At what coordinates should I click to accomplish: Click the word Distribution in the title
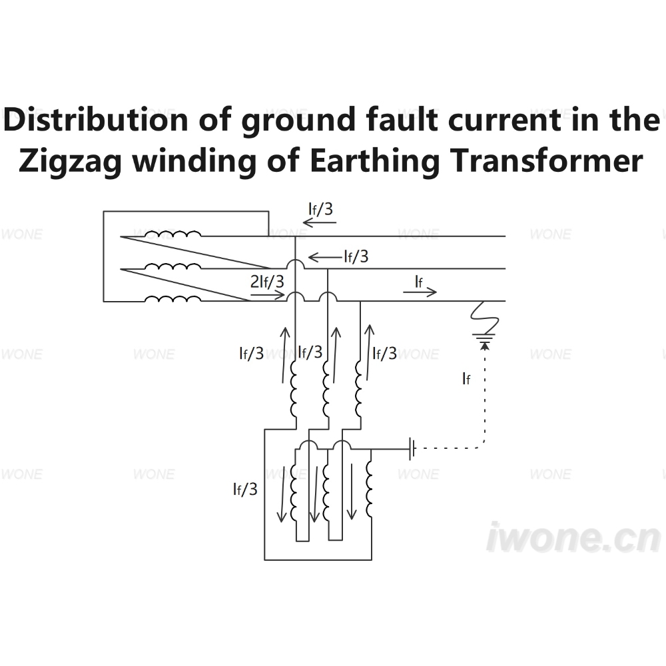pyautogui.click(x=95, y=119)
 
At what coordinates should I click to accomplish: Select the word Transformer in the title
pyautogui.click(x=546, y=161)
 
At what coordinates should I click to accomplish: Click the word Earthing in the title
pyautogui.click(x=374, y=161)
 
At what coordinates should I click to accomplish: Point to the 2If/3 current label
pyautogui.click(x=267, y=281)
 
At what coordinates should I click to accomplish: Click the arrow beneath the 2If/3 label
pyautogui.click(x=267, y=295)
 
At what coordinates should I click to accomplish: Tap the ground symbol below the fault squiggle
pyautogui.click(x=484, y=338)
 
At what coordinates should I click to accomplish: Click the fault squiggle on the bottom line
pyautogui.click(x=485, y=317)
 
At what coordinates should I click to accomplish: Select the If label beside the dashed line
pyautogui.click(x=466, y=378)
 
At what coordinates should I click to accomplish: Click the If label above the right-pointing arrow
pyautogui.click(x=418, y=281)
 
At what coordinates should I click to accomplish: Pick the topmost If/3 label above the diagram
pyautogui.click(x=320, y=209)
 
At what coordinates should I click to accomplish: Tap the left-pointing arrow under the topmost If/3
pyautogui.click(x=320, y=222)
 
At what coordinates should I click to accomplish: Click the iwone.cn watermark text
pyautogui.click(x=573, y=537)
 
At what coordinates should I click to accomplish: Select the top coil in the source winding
pyautogui.click(x=173, y=233)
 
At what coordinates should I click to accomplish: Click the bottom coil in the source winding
pyautogui.click(x=173, y=298)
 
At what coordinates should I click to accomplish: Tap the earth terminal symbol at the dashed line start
pyautogui.click(x=412, y=448)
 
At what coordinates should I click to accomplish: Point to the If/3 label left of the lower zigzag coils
pyautogui.click(x=245, y=490)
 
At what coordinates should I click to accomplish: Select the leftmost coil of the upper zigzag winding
pyautogui.click(x=293, y=389)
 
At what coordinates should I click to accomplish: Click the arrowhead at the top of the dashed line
pyautogui.click(x=485, y=346)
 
